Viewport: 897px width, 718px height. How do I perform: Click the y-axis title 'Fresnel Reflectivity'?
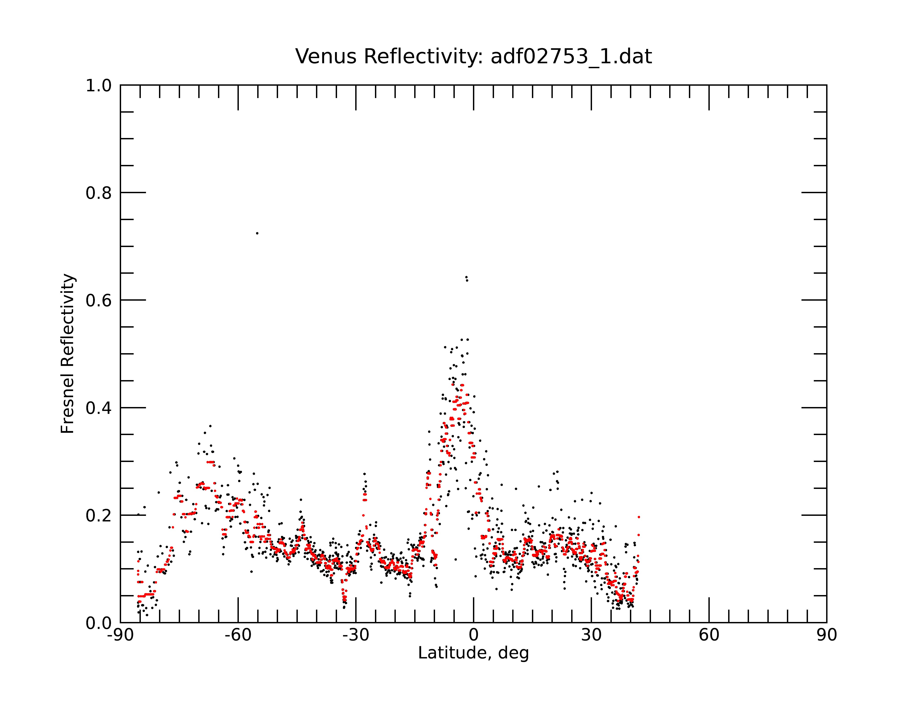67,354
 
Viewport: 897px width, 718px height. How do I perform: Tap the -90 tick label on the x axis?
120,635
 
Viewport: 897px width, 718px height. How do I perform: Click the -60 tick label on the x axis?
238,635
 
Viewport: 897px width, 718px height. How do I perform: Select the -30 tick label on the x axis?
356,635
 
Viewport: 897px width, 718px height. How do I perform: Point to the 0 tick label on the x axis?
473,635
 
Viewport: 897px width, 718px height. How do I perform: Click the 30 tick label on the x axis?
591,635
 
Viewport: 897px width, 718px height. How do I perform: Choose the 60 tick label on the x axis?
709,635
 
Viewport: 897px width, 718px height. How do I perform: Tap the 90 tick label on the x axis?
827,635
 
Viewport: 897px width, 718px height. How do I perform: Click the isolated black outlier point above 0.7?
257,233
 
